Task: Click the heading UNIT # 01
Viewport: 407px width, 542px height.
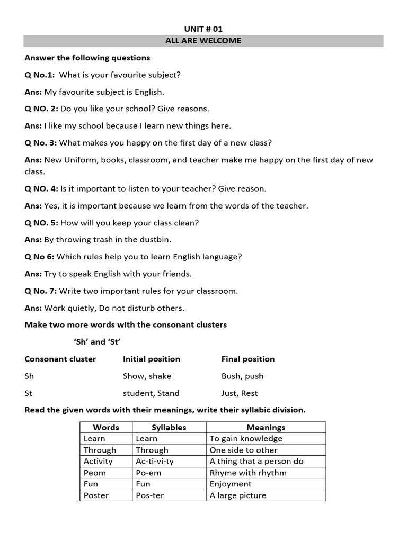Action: (203, 29)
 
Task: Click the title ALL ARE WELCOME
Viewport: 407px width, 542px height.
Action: (203, 41)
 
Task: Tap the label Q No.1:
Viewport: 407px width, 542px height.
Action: (40, 75)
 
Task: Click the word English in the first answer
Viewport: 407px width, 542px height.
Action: (150, 92)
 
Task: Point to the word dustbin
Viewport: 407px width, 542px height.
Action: (154, 240)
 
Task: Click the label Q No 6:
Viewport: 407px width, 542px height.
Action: (39, 257)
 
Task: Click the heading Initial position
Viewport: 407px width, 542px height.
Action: (152, 359)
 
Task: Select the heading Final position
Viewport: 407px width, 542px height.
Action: (248, 359)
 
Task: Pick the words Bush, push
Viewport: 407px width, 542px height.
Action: (242, 376)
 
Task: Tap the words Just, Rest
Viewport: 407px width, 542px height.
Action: (240, 393)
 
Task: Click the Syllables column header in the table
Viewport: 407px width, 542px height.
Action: (169, 427)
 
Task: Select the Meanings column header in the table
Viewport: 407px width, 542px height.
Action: (266, 427)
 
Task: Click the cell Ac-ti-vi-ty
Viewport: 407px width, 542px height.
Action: (155, 461)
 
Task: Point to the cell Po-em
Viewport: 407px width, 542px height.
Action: (148, 473)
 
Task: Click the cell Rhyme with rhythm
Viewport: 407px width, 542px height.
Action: (248, 473)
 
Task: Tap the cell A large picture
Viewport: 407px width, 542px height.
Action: (238, 495)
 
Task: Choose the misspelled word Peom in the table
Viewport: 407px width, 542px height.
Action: (95, 473)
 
